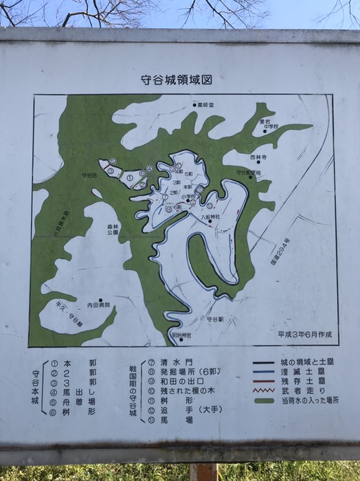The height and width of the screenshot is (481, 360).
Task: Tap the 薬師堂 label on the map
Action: coord(205,106)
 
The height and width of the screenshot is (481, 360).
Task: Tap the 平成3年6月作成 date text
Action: coord(305,335)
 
